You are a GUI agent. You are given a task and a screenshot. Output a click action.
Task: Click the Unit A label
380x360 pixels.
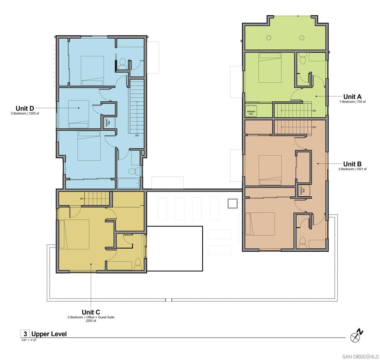[x=355, y=96]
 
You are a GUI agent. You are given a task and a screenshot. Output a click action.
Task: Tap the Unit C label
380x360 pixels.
[x=91, y=312]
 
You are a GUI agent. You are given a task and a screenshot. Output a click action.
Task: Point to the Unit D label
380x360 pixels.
[x=24, y=108]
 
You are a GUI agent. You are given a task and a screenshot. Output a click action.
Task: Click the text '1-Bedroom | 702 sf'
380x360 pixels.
[x=352, y=102]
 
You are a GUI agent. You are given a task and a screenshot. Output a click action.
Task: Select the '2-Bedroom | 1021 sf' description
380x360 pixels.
[x=352, y=169]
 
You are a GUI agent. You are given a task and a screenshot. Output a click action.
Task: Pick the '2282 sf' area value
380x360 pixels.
[x=91, y=321]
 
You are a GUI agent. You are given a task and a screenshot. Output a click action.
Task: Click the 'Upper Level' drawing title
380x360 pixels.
[x=49, y=334]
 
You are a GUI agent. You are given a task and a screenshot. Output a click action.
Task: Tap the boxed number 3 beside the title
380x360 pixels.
[x=25, y=334]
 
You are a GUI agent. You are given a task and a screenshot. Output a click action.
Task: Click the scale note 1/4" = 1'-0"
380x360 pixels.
[x=29, y=340]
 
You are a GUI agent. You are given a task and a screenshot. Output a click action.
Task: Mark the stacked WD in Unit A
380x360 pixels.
[x=251, y=112]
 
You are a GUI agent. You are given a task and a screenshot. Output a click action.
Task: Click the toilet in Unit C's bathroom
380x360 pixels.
[x=138, y=263]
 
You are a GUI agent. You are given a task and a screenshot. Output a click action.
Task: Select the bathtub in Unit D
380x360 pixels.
[x=128, y=183]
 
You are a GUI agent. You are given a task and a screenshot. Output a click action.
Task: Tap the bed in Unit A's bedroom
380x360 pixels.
[x=270, y=68]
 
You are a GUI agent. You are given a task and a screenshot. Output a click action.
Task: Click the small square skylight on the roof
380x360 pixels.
[x=233, y=204]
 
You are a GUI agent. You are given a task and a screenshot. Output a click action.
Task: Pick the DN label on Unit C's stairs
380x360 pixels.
[x=82, y=199]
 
